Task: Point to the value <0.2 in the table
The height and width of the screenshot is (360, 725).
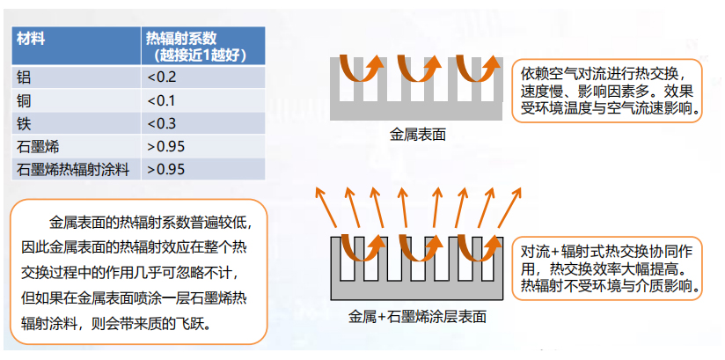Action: coord(162,77)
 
